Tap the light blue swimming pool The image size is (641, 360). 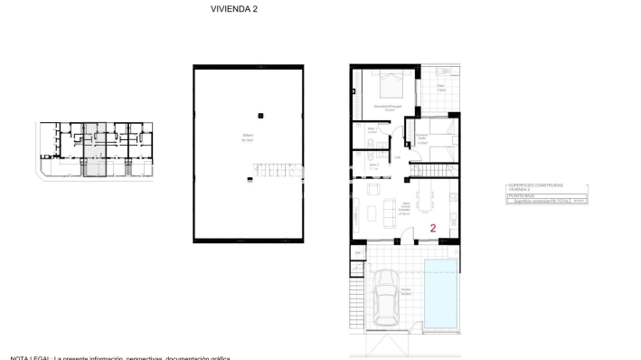tap(442, 294)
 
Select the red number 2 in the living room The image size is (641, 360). tap(434, 229)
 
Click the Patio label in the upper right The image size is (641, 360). tap(440, 89)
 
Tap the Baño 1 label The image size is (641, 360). tap(372, 129)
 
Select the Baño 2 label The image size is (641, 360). tap(372, 166)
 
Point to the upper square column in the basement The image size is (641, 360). tap(260, 115)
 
